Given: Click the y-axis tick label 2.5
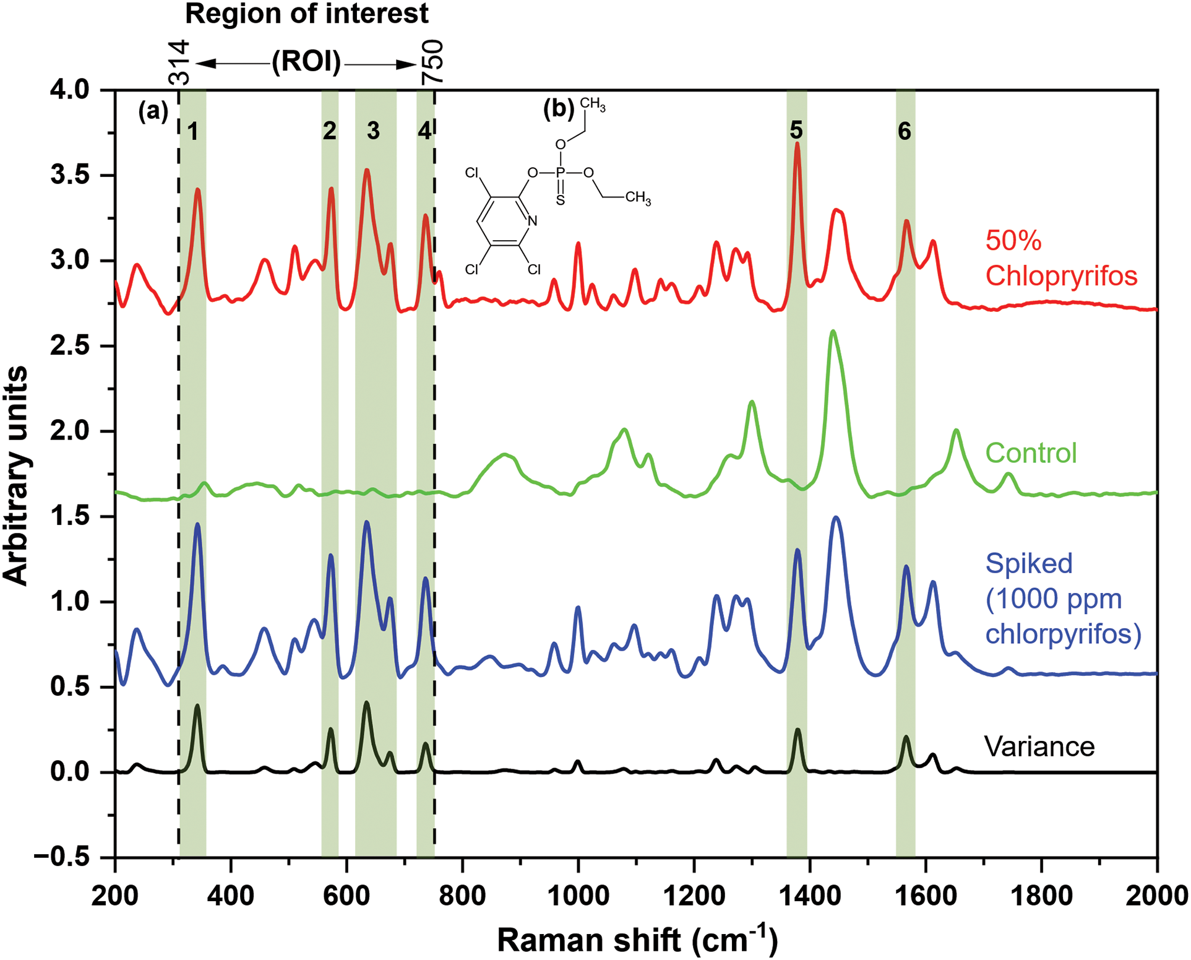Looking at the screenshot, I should point(69,345).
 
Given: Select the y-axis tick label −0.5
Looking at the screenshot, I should point(62,857).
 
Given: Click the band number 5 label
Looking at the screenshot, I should point(796,131).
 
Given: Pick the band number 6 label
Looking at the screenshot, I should point(905,131).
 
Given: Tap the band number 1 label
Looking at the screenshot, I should point(193,132).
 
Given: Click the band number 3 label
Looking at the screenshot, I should point(373,131).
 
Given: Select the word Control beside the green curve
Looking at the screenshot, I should point(1031,453).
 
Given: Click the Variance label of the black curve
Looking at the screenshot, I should point(1039,746).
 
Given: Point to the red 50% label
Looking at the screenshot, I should point(1013,241).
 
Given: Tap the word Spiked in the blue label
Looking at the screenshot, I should point(1029,563).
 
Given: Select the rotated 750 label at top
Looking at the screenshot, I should point(432,62).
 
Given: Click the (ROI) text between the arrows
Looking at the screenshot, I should point(306,62).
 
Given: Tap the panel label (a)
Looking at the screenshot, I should point(153,111).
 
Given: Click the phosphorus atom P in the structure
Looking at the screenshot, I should point(560,173).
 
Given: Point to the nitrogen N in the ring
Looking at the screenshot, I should point(532,220).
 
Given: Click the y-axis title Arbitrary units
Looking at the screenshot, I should point(16,475).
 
